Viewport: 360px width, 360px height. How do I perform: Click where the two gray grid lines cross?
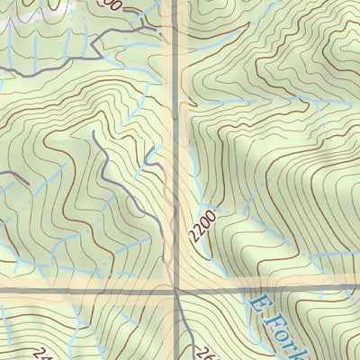177,291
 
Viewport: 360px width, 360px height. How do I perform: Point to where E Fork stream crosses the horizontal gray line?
240,291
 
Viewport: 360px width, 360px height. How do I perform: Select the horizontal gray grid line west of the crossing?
81,291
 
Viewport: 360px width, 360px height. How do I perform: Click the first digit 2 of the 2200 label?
193,236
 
